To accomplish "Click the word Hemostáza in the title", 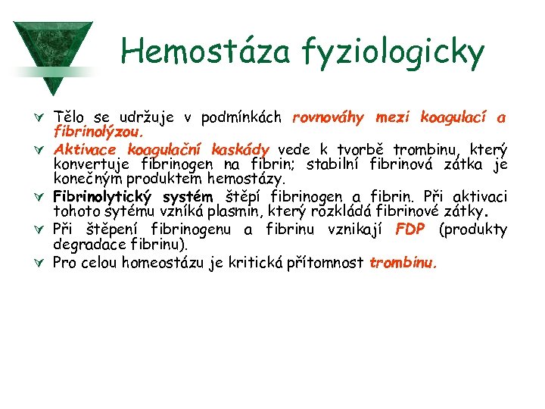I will [201, 52].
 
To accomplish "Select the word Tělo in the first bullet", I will [69, 117].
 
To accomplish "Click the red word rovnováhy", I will [328, 117].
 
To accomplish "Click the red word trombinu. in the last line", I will [403, 263].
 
